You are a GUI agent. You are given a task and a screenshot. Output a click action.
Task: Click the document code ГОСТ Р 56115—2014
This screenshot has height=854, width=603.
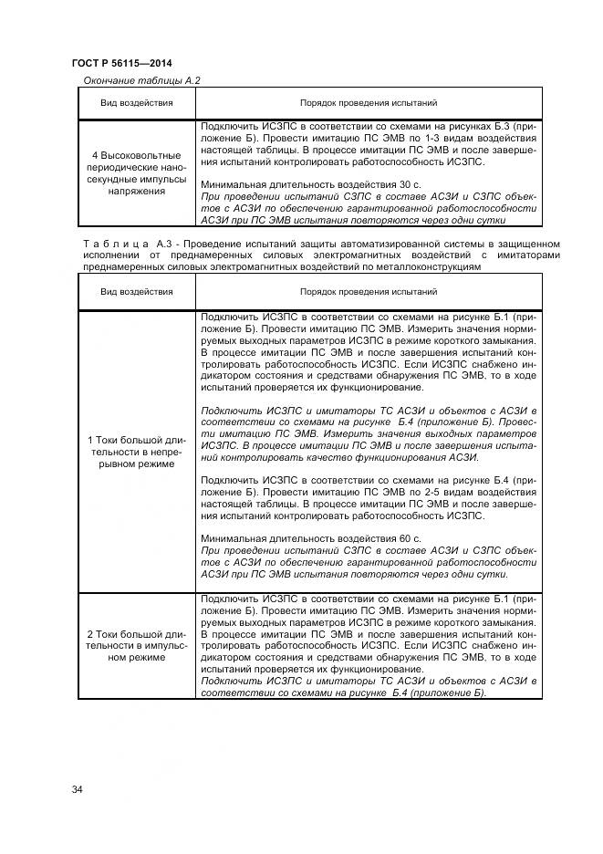121,63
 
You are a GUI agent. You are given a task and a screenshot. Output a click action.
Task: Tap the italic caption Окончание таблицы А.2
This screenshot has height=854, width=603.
141,80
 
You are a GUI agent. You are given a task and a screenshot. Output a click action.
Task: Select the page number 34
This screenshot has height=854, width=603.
78,789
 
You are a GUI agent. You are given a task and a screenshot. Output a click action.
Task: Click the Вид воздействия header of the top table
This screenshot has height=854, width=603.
136,104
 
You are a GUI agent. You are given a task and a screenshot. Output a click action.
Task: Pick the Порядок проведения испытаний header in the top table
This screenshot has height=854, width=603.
369,104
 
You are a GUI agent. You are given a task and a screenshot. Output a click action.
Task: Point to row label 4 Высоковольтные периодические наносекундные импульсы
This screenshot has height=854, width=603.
136,173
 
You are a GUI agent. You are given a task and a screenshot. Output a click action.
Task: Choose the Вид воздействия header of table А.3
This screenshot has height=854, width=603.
136,292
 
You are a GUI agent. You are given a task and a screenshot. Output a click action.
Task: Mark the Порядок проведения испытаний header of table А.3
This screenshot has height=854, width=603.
369,292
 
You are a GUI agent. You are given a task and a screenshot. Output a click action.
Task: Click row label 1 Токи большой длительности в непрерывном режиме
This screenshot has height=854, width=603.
136,452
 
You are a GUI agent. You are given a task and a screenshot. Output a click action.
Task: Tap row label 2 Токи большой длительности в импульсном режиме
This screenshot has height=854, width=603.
136,646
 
